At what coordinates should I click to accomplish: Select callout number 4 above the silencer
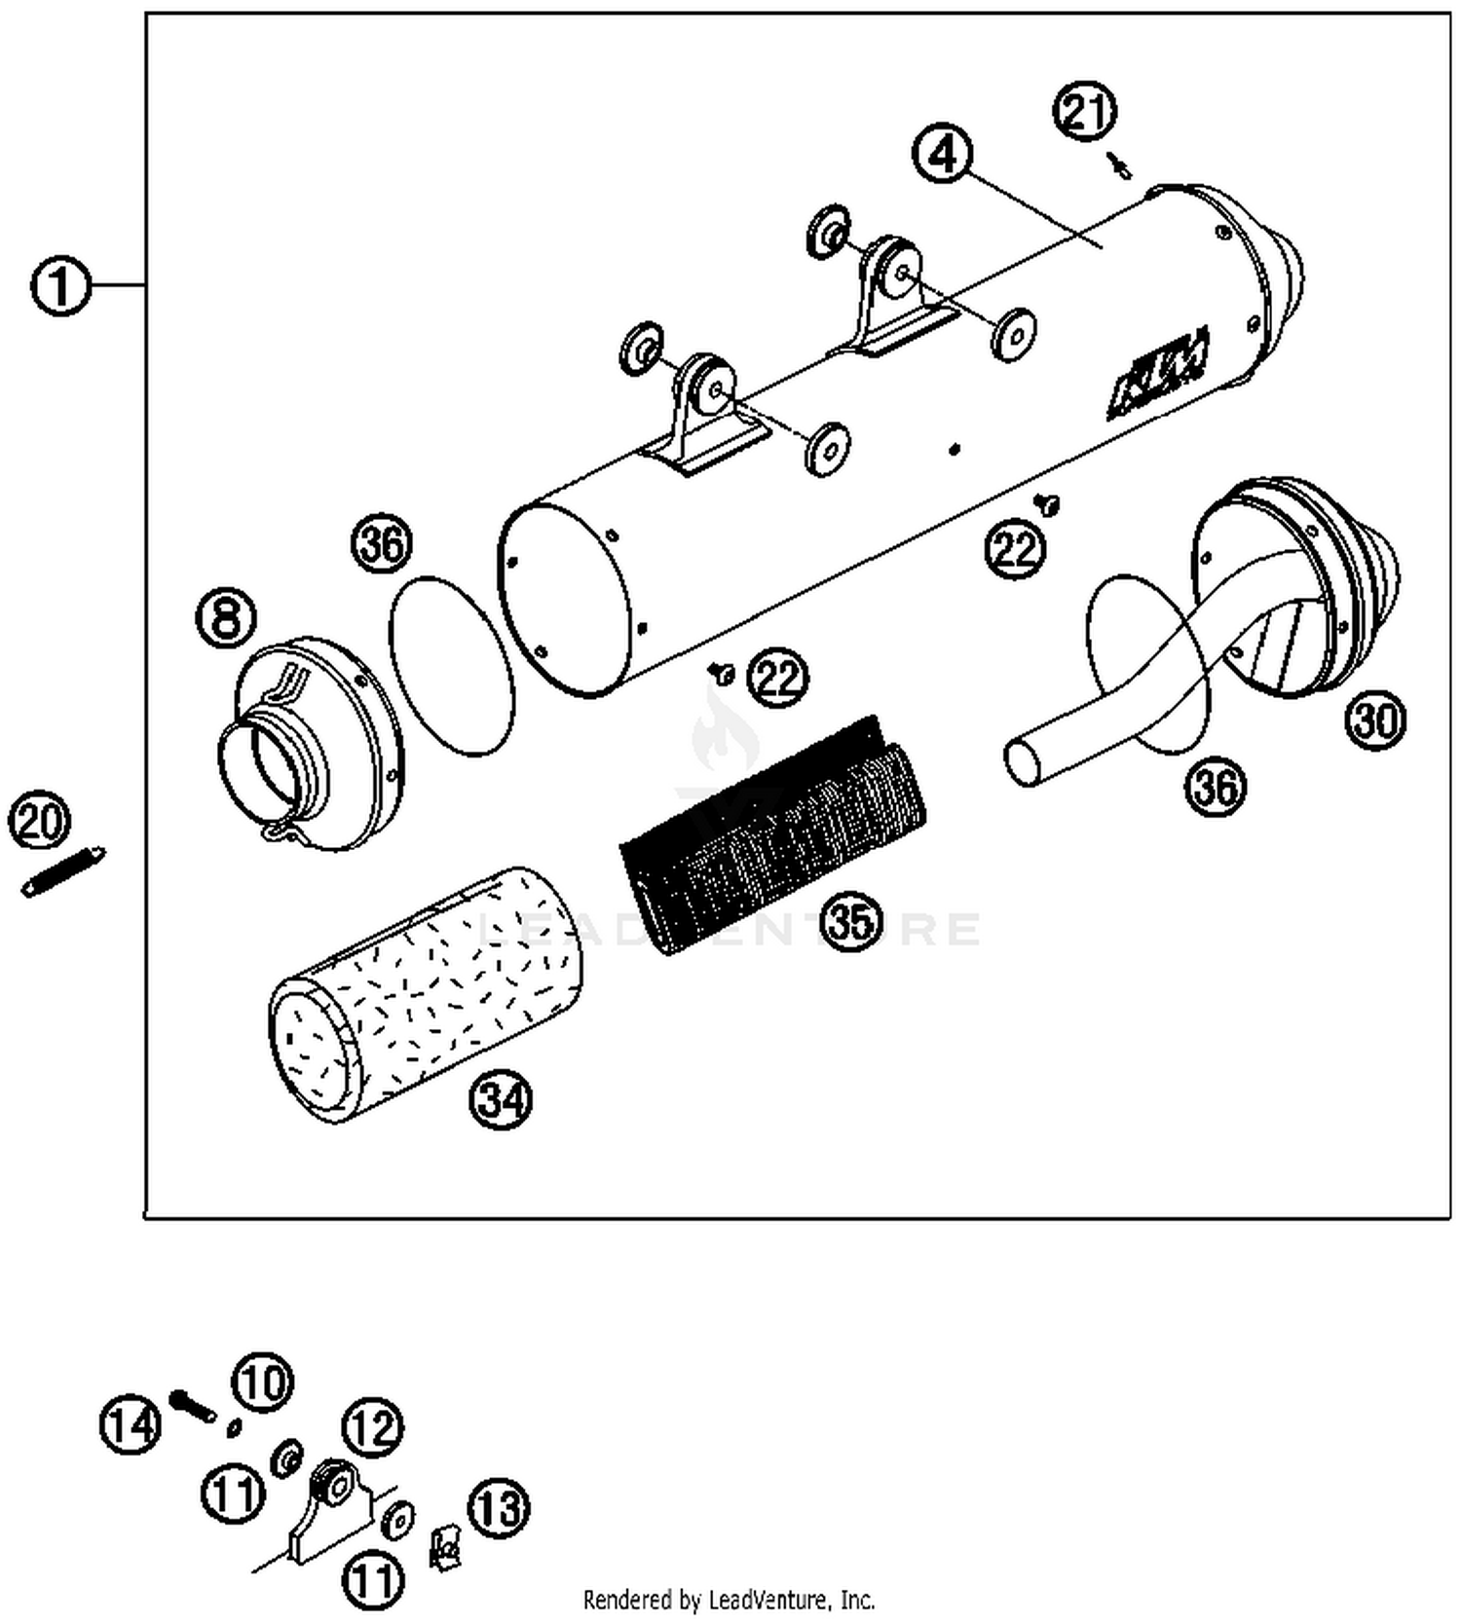[942, 156]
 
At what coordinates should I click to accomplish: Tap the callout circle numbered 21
[1084, 111]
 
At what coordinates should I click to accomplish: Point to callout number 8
[226, 618]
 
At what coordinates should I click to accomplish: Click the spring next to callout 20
[64, 872]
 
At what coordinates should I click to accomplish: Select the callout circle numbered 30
[1375, 720]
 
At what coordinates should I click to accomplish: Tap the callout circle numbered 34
[501, 1100]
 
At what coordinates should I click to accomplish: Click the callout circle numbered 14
[131, 1425]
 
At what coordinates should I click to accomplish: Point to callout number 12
[373, 1427]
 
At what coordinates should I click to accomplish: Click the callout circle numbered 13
[499, 1508]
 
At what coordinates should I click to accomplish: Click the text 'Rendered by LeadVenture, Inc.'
[729, 1599]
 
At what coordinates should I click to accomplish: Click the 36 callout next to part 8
[382, 545]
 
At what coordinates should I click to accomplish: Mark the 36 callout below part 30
[1216, 786]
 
